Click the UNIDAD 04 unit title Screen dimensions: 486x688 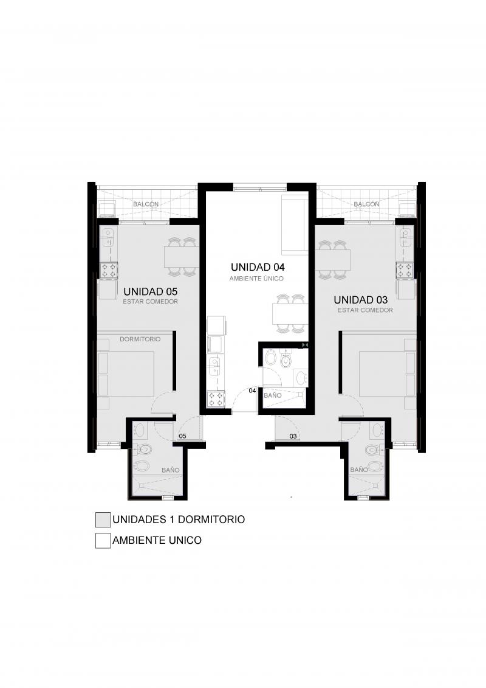point(258,267)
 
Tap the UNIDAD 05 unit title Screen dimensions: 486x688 point(150,291)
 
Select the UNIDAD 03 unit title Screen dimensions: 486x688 point(361,300)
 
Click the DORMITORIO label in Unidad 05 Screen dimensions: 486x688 point(140,339)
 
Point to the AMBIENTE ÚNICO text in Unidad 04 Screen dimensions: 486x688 point(256,279)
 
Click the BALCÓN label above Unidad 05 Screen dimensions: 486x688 point(146,204)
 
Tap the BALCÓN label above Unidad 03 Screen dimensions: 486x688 point(366,204)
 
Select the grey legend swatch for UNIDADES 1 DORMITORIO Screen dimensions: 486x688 point(103,519)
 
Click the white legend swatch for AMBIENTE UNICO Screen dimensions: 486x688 point(103,541)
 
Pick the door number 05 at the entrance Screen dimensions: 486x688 point(183,436)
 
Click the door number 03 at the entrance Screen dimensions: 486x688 point(293,436)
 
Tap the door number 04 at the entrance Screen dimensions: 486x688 point(253,390)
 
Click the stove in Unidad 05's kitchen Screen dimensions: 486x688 point(109,270)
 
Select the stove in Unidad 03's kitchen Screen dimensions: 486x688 point(405,270)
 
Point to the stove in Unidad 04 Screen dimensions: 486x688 point(216,399)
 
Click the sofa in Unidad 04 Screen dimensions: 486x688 point(295,224)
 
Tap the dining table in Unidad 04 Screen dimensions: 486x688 point(289,313)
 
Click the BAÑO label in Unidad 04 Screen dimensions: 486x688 point(273,395)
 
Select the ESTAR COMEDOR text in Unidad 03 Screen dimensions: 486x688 point(366,310)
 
